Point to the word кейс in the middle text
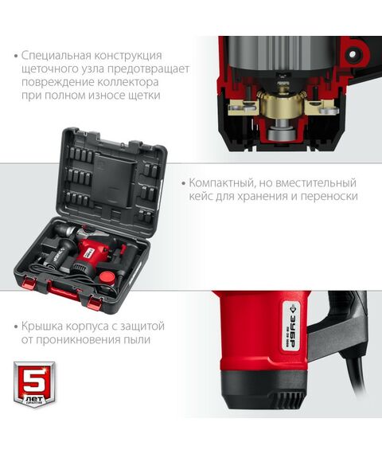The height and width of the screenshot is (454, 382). [x=201, y=195]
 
